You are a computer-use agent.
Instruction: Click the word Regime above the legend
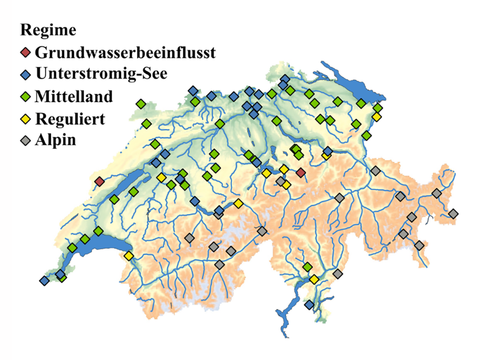click(48, 30)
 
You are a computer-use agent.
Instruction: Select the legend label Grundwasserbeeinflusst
click(125, 51)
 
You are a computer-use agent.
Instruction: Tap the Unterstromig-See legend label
click(101, 74)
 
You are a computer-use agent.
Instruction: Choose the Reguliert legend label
click(70, 118)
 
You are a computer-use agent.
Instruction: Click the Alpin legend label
click(55, 140)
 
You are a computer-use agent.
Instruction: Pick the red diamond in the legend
click(26, 52)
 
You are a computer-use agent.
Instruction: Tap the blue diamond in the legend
click(26, 74)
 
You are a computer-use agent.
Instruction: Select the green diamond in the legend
click(26, 96)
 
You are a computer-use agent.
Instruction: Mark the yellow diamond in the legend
click(26, 119)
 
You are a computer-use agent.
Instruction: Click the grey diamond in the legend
click(26, 141)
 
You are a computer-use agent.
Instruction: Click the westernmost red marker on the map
click(99, 181)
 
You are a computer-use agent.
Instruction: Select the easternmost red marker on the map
click(301, 172)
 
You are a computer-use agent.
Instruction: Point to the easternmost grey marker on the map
click(453, 213)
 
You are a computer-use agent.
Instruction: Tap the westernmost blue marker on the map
click(44, 280)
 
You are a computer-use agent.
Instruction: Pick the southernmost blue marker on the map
click(309, 304)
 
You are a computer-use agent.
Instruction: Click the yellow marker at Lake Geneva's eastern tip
click(129, 256)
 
